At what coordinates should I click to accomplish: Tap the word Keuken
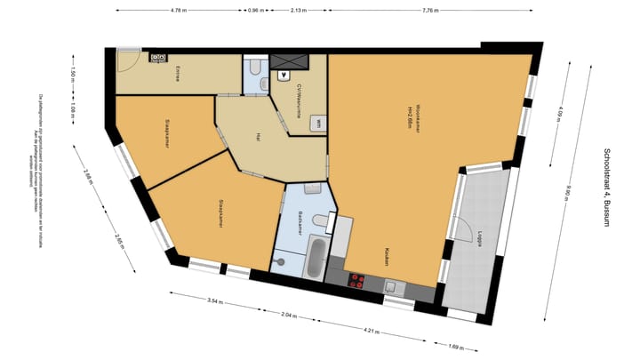pyautogui.click(x=388, y=258)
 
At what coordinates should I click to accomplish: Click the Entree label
pyautogui.click(x=178, y=75)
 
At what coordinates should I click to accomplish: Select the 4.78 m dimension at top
pyautogui.click(x=179, y=11)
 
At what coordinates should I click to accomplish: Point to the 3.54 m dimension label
pyautogui.click(x=212, y=301)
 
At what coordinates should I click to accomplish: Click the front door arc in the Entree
pyautogui.click(x=127, y=59)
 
